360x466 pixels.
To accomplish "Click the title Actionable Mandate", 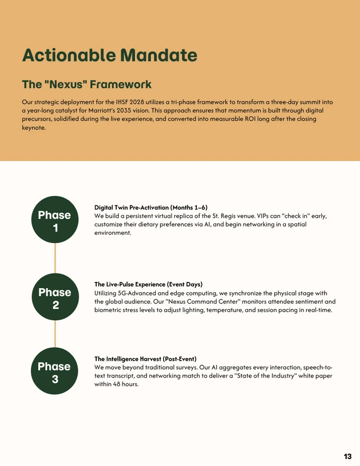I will pyautogui.click(x=109, y=55).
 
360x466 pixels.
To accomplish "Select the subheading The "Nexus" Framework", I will pyautogui.click(x=86, y=84).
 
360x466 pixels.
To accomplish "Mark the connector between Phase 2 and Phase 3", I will pyautogui.click(x=55, y=335).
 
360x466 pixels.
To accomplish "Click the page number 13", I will pyautogui.click(x=347, y=456).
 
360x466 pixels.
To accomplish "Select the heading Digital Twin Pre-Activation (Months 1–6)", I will pyautogui.click(x=151, y=208).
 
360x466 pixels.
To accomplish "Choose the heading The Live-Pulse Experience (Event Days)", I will pyautogui.click(x=148, y=284).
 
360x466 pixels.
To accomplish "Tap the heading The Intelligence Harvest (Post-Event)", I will pyautogui.click(x=145, y=359).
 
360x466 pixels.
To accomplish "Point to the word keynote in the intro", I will pyautogui.click(x=33, y=128).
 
